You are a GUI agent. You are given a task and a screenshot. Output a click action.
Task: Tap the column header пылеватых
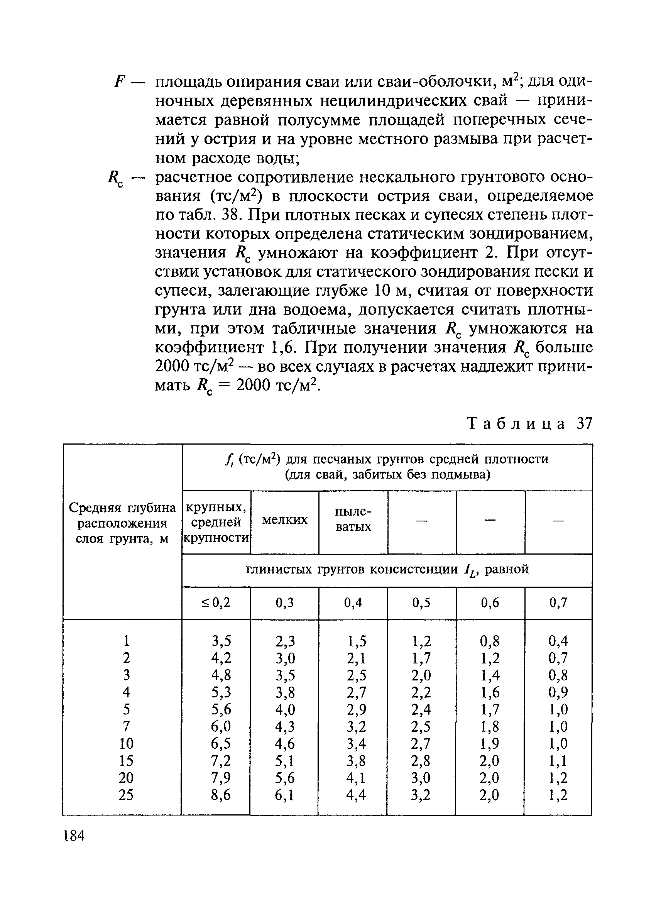(x=353, y=519)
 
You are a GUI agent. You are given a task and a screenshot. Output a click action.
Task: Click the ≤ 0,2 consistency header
(x=216, y=602)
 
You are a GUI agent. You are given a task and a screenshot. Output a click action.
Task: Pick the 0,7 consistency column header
(x=558, y=602)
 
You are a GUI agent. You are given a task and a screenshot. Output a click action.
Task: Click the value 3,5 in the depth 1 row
(x=221, y=641)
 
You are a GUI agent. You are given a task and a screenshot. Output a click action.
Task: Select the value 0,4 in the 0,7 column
(x=558, y=641)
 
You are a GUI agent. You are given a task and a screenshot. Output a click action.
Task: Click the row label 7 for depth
(x=126, y=726)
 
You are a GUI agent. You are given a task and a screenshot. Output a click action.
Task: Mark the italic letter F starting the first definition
(x=118, y=82)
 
